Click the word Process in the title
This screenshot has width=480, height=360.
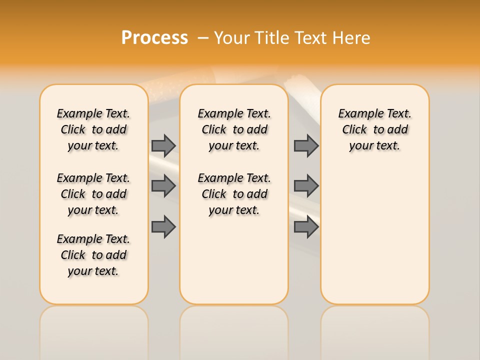[x=154, y=38]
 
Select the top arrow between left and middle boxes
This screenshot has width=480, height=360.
[x=163, y=145]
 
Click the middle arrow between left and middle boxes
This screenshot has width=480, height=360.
[x=163, y=186]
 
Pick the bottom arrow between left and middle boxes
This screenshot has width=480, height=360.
[x=163, y=226]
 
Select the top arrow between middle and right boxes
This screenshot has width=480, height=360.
[x=306, y=145]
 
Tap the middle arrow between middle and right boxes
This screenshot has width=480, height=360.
[x=306, y=186]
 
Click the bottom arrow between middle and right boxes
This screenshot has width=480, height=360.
[x=306, y=226]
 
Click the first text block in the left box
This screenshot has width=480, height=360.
[x=93, y=129]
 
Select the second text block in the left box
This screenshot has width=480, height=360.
[x=93, y=194]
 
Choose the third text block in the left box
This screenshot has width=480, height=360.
[x=93, y=255]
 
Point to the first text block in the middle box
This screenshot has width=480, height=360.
[x=234, y=129]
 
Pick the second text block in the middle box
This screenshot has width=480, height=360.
[x=234, y=194]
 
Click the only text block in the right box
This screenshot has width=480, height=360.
[x=375, y=129]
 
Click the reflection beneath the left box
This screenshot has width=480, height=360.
[x=94, y=330]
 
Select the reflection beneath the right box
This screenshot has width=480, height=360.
[x=375, y=330]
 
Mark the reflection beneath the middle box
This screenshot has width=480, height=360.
[x=234, y=330]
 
